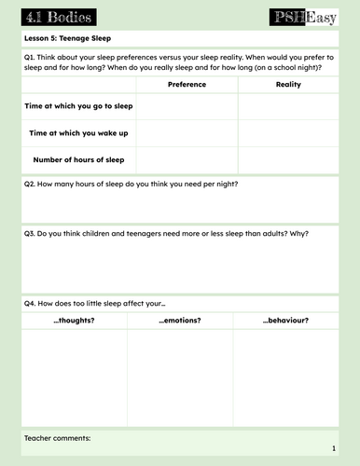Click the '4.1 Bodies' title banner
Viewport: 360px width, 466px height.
[x=54, y=17]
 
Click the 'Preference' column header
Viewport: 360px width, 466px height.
[x=187, y=85]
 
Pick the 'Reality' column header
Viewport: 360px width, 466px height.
[x=288, y=85]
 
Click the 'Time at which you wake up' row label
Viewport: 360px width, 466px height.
[x=79, y=133]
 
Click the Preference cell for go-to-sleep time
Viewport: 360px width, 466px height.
[x=187, y=106]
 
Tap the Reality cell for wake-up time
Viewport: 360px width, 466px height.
[x=288, y=133]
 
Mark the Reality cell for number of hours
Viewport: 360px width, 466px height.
[x=288, y=159]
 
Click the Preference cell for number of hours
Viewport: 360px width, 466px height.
[x=187, y=159]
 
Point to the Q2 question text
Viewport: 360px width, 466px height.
[x=131, y=184]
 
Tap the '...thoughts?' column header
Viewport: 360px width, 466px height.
[x=74, y=321]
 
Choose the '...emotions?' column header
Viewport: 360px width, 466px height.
[x=180, y=321]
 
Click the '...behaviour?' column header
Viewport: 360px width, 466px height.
[x=285, y=321]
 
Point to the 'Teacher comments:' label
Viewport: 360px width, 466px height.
[x=58, y=437]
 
